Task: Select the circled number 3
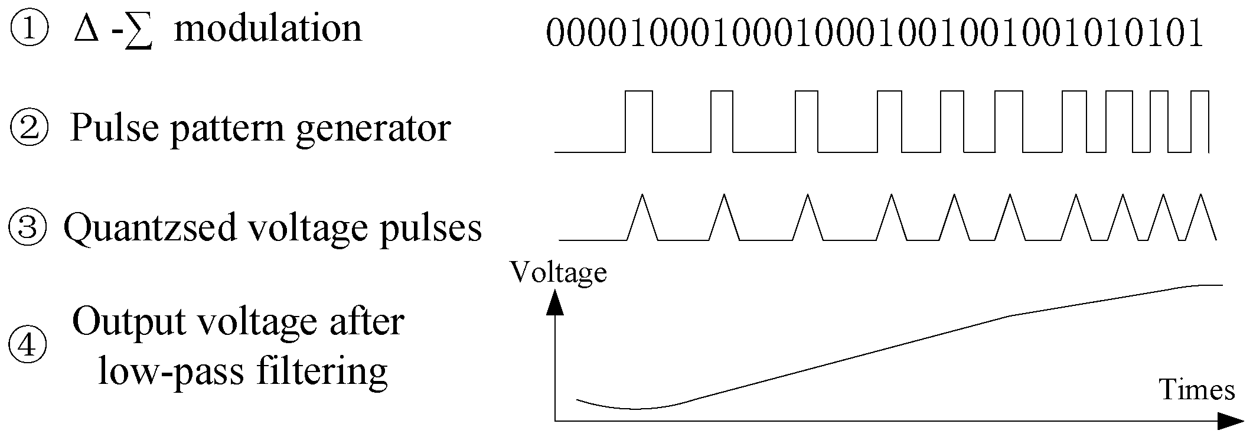point(28,229)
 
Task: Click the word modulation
point(268,29)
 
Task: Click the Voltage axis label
point(559,272)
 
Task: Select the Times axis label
point(1197,390)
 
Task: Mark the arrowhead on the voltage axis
point(555,300)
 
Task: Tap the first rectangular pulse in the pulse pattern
point(639,121)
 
